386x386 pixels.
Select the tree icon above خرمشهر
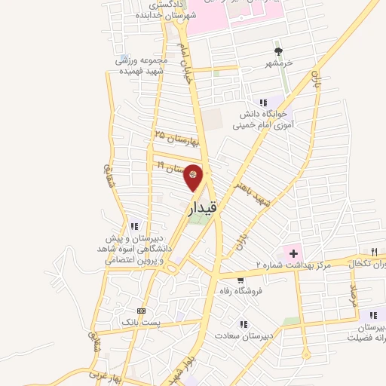pos(279,51)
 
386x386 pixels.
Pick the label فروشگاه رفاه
pos(240,291)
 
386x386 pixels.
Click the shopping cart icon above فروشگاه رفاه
pos(240,280)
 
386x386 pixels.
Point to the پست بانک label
pos(140,322)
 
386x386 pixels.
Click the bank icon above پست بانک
pos(140,311)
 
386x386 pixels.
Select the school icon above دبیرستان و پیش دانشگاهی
pos(134,225)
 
